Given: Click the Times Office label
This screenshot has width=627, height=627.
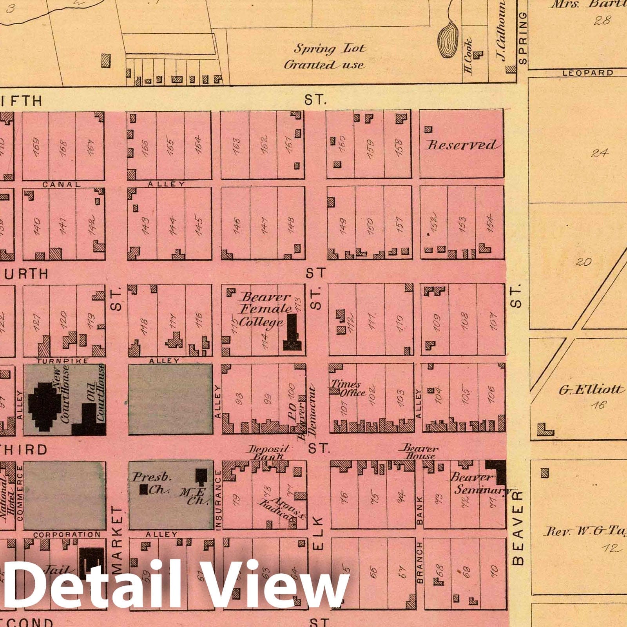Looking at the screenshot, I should click(x=347, y=388).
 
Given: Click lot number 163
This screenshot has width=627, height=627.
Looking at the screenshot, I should click(x=236, y=145).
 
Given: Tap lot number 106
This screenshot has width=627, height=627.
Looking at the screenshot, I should click(x=491, y=394).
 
